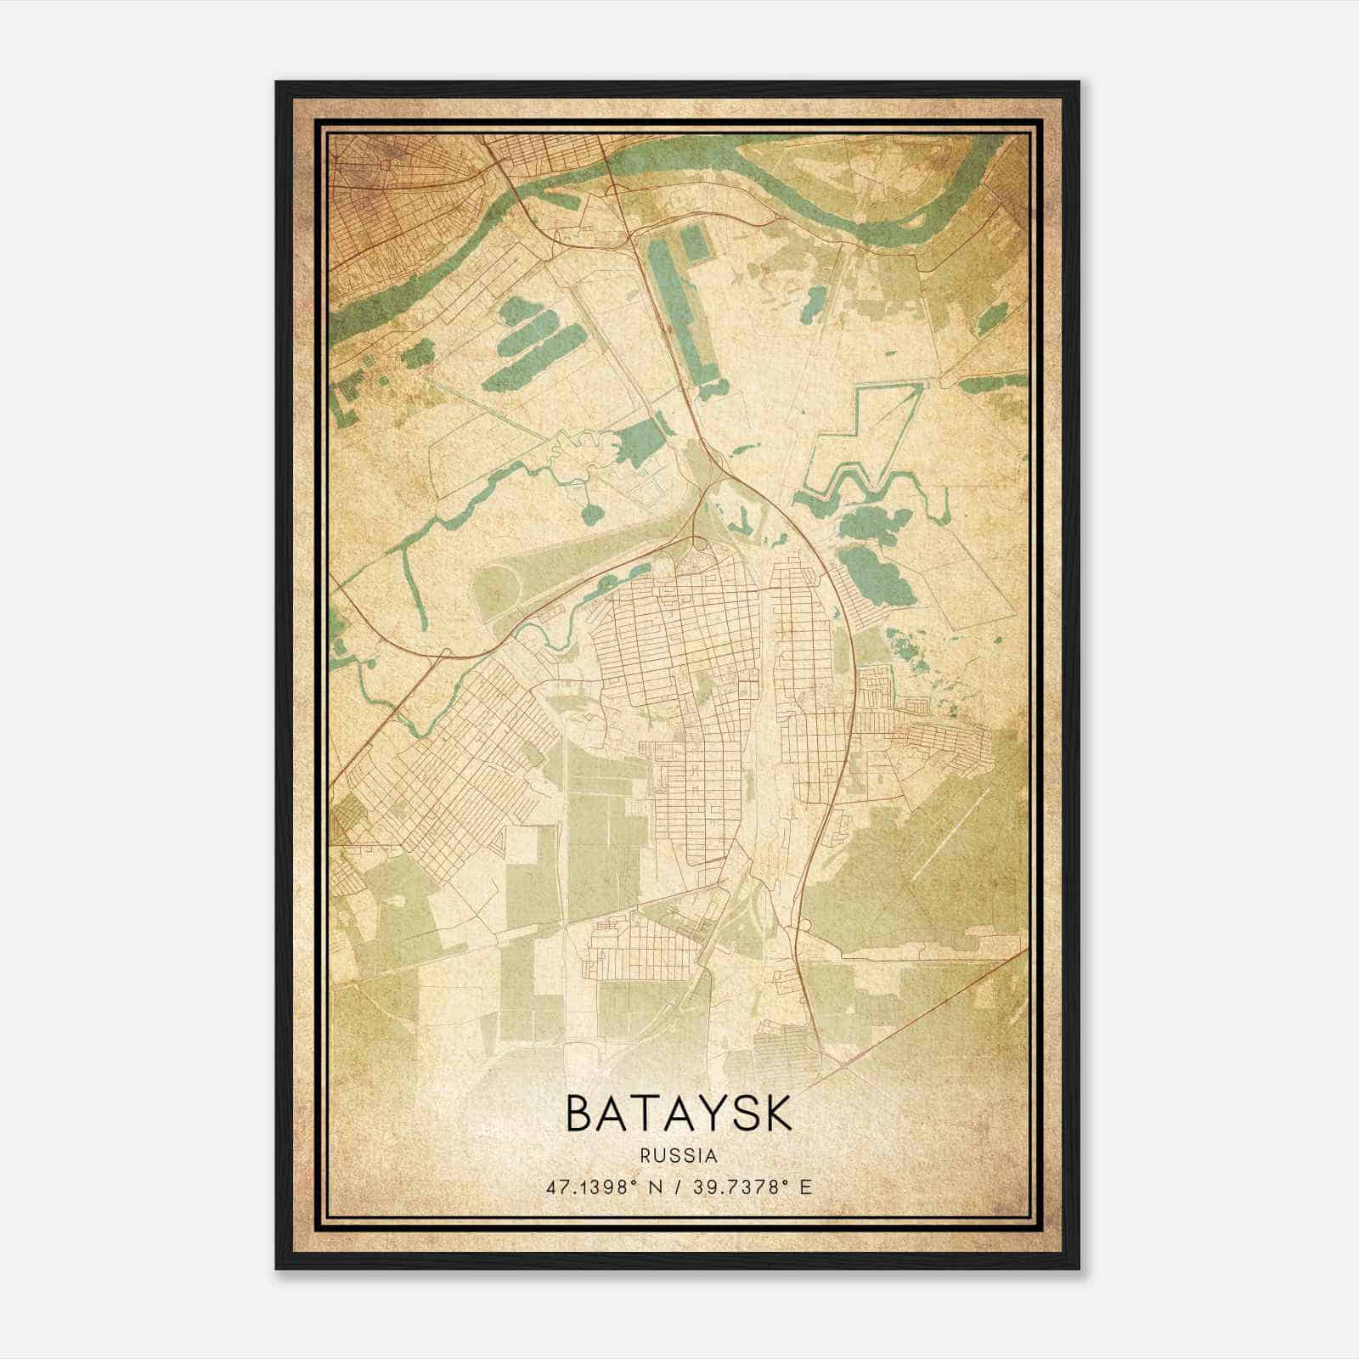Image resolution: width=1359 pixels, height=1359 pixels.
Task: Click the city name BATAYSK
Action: click(x=679, y=1114)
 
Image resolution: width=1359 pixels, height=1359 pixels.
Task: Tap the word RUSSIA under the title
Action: click(x=679, y=1156)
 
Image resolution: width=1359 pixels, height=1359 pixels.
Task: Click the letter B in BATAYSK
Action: click(x=580, y=1114)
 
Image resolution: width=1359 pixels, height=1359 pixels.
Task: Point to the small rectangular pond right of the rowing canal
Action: click(x=694, y=244)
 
